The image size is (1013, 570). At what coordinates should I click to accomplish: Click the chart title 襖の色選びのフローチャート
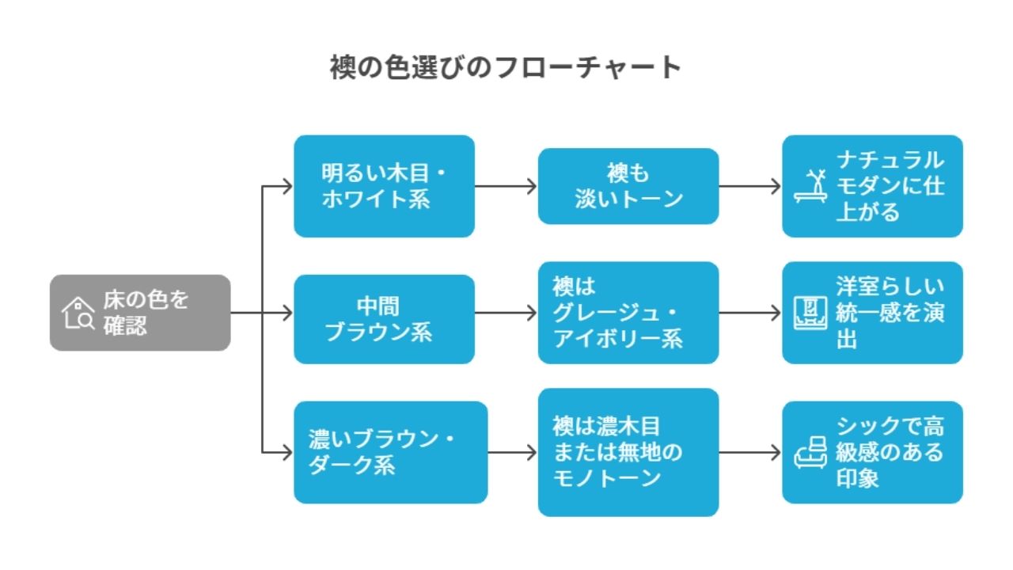pos(506,67)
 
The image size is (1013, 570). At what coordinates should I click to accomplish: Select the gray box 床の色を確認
pos(140,313)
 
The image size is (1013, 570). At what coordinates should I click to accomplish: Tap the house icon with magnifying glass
pos(78,313)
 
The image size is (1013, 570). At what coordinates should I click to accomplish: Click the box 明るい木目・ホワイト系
pos(384,186)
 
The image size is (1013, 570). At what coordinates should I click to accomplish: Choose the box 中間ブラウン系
pos(384,319)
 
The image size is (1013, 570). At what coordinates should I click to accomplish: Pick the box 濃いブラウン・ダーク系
pos(390,452)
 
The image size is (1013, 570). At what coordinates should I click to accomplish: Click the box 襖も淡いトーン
pos(628,186)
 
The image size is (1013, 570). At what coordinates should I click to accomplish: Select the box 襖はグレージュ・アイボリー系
pos(628,313)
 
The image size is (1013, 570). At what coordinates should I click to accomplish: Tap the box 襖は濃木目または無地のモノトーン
pos(628,452)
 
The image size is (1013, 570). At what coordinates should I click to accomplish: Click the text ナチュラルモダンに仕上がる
pos(890,186)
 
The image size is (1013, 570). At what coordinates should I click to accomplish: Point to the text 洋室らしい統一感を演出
pos(890,313)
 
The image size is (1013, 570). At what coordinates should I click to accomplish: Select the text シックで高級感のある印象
pos(890,452)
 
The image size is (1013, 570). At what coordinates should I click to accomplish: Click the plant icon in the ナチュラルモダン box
pos(811,187)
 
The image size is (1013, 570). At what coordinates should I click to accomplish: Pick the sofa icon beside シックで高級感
pos(811,453)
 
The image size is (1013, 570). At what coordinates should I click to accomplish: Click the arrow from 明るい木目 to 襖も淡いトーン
pos(506,187)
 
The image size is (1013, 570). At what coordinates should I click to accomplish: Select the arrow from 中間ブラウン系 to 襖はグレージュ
pos(506,313)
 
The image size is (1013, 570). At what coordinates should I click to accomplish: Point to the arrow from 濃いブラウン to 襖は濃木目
pos(513,453)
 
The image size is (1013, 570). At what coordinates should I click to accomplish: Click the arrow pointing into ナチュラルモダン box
pos(750,187)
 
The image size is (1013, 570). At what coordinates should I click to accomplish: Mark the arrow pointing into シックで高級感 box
pos(750,453)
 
